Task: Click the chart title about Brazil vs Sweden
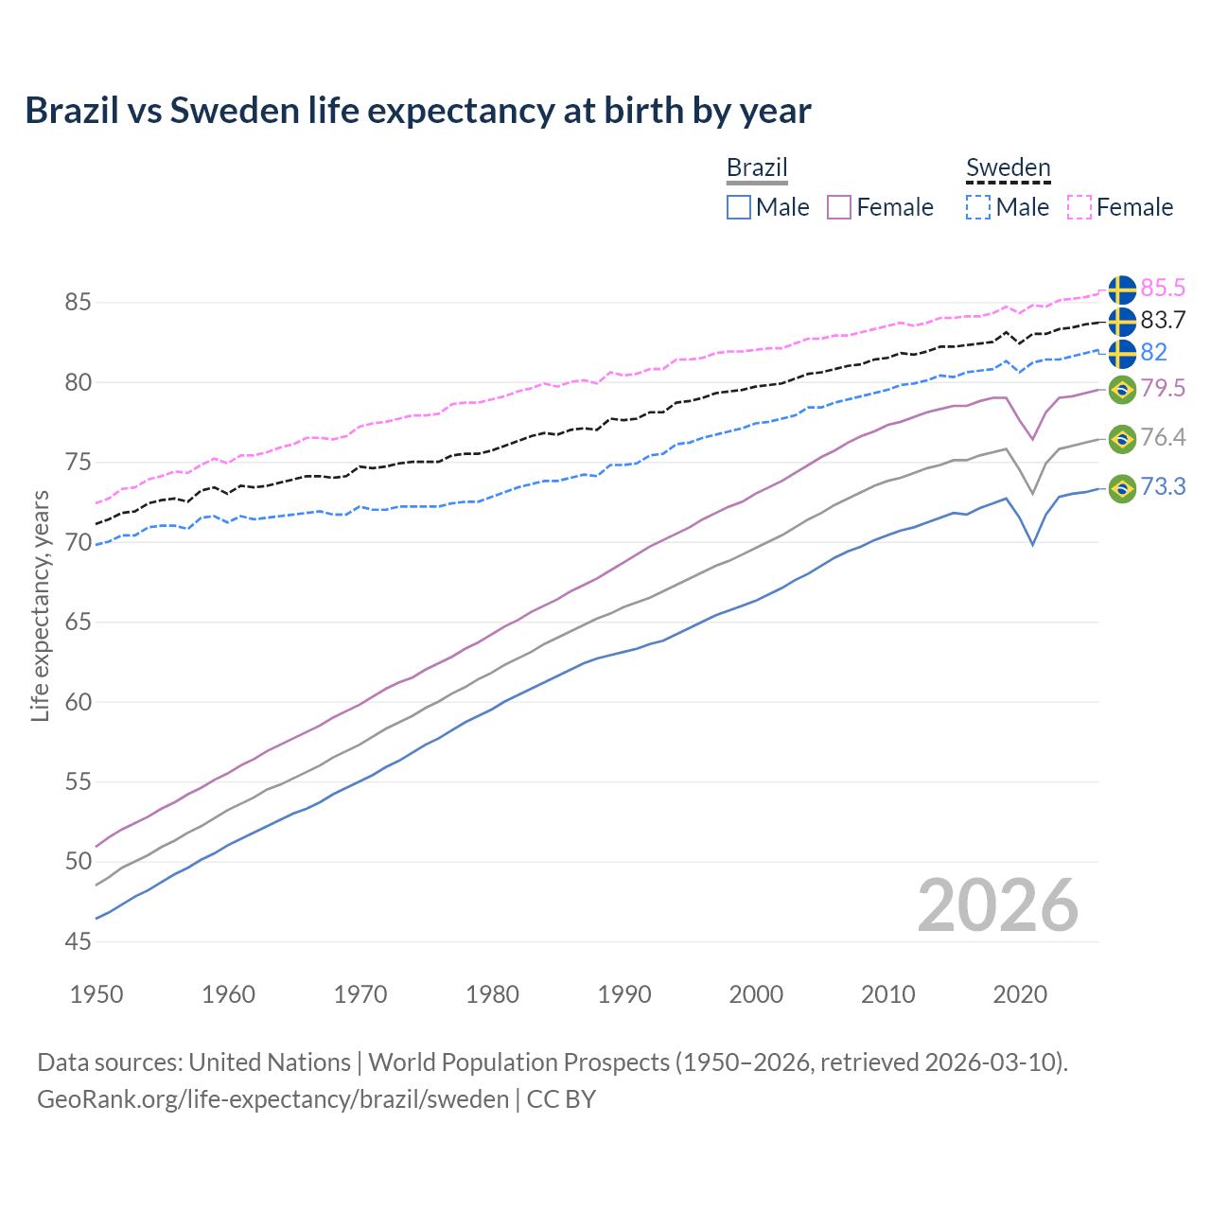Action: [x=417, y=111]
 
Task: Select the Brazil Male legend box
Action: [x=739, y=207]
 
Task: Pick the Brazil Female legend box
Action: [x=839, y=207]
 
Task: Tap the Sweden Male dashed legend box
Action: [x=978, y=207]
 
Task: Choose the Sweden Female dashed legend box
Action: [x=1079, y=207]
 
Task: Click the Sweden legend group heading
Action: [x=1008, y=168]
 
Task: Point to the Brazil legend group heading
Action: [x=757, y=168]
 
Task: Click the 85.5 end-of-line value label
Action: [x=1163, y=288]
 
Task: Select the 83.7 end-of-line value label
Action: [x=1163, y=320]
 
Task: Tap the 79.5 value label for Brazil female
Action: [x=1163, y=388]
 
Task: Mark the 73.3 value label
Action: [x=1163, y=487]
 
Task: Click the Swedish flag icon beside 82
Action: [x=1122, y=354]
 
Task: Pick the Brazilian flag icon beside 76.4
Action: [x=1122, y=438]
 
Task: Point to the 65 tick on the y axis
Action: [x=79, y=623]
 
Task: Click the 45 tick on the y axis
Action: [x=79, y=941]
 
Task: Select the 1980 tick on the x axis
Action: [x=492, y=994]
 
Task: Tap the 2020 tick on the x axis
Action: [x=1020, y=994]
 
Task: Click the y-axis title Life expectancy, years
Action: [x=41, y=605]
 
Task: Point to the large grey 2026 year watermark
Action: [x=997, y=905]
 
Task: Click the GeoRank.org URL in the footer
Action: [x=272, y=1099]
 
